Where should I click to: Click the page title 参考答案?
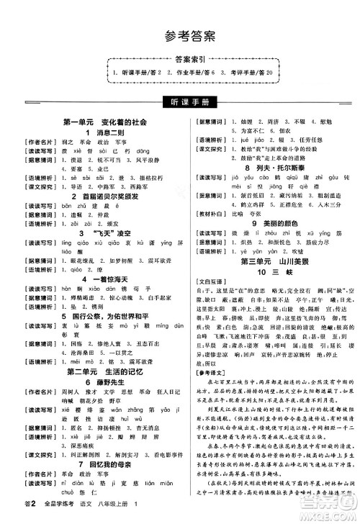tap(179, 37)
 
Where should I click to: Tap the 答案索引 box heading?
tap(180, 61)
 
